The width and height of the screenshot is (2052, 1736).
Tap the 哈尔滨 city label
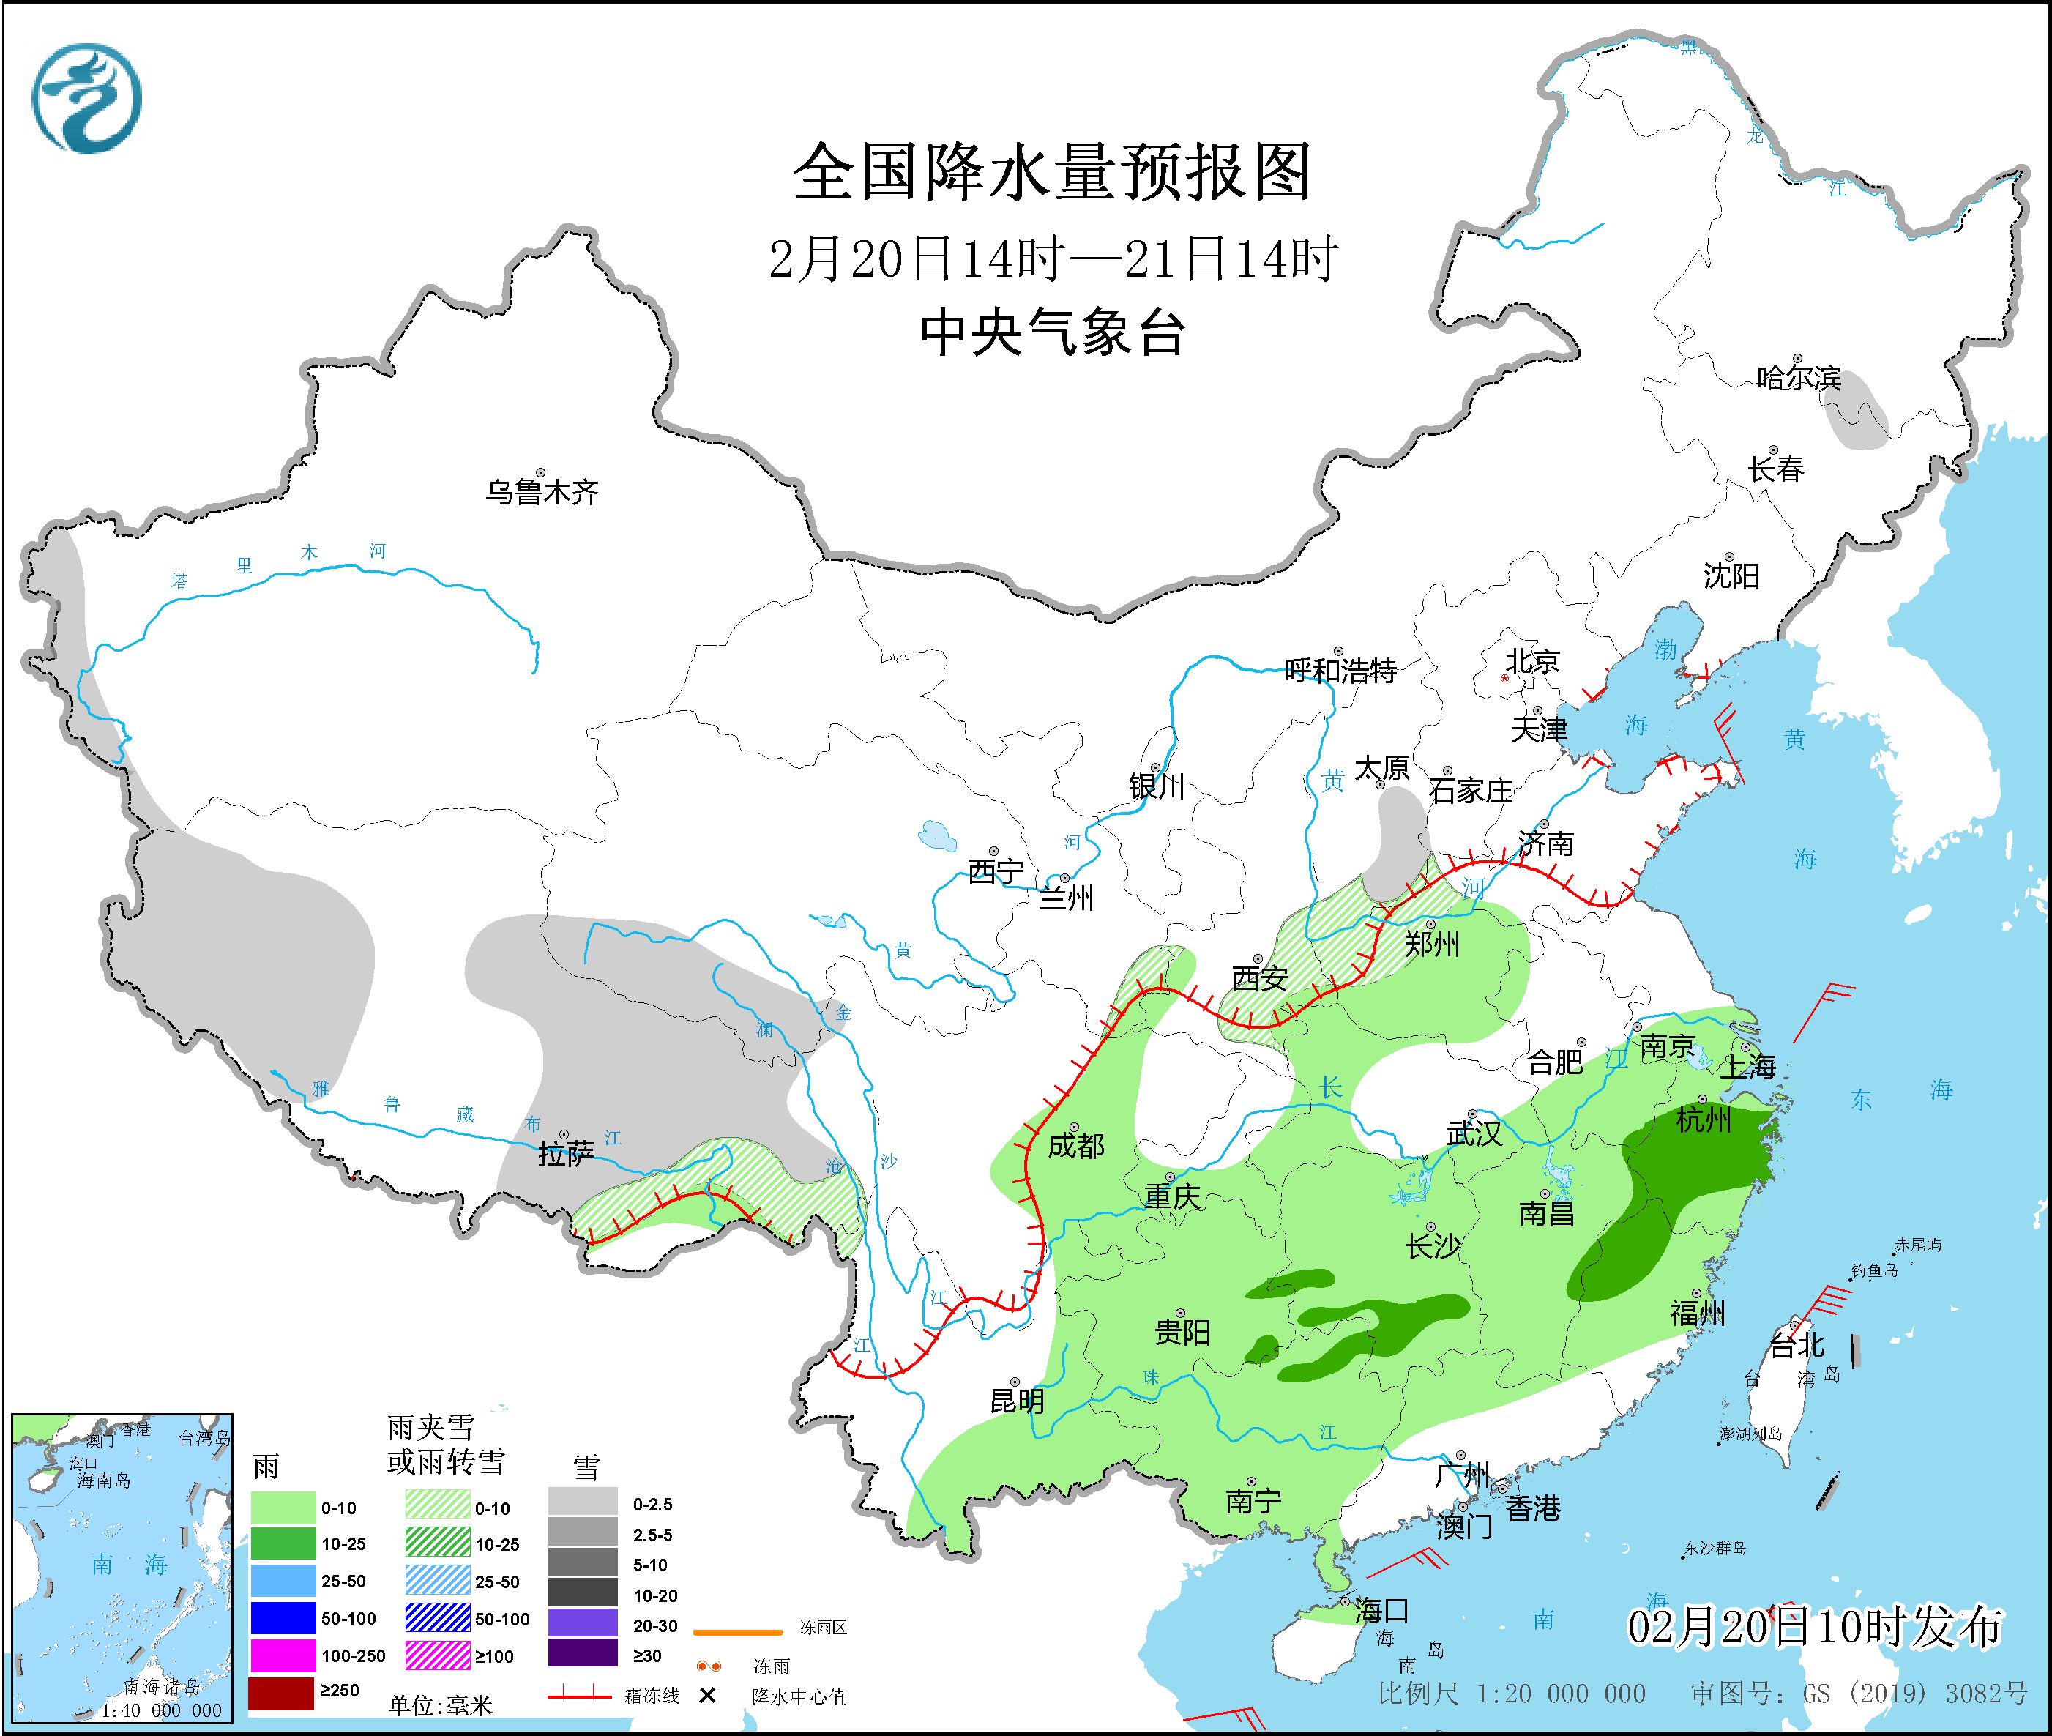1798,378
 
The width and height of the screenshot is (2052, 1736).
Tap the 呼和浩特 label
1340,671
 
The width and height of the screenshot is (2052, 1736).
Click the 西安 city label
1260,978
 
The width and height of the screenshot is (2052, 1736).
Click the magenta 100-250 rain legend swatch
281,1655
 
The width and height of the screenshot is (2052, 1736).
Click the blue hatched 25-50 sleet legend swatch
438,1582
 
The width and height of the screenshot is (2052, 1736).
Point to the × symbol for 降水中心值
706,1696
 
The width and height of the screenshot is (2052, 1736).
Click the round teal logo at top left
86,98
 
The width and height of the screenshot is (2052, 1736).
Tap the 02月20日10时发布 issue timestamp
1814,1627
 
